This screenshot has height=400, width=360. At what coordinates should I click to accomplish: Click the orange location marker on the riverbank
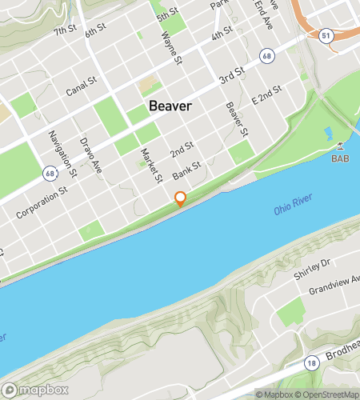click(181, 199)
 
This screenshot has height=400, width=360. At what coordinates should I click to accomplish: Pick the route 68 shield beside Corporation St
click(50, 173)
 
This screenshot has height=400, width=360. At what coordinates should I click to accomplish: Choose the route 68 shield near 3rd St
click(265, 55)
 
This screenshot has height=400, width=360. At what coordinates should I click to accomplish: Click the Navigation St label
click(62, 154)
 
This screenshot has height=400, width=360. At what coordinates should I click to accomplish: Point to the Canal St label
click(81, 85)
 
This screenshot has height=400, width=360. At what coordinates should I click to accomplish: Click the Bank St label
click(186, 171)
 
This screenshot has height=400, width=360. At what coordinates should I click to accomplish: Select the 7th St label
click(64, 32)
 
